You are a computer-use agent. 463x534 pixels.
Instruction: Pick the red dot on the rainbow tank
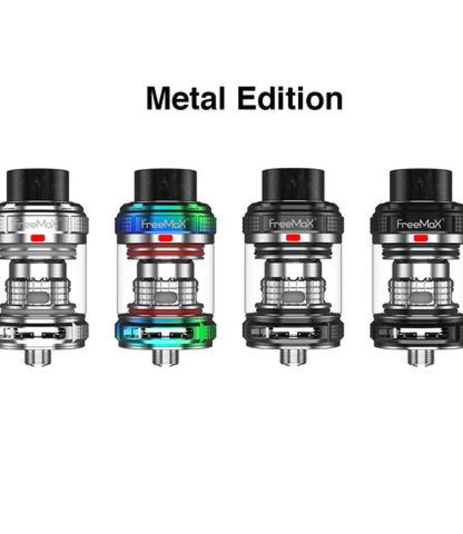[165, 238]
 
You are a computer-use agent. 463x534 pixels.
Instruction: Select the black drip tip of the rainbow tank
[165, 184]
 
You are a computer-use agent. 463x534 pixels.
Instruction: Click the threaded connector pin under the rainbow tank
[165, 357]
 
